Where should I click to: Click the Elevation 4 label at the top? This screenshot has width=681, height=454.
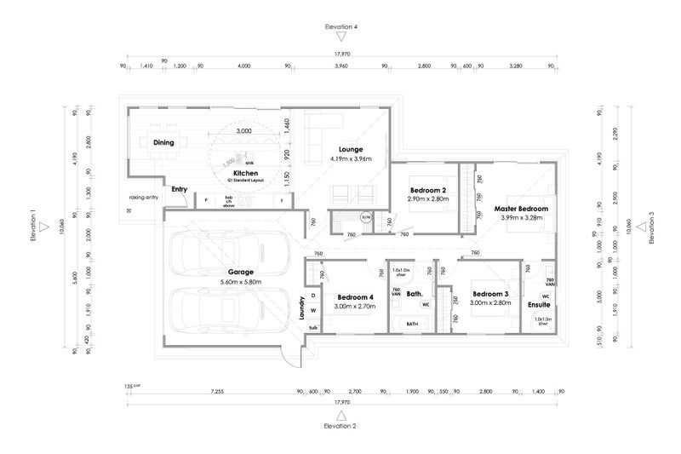click(340, 27)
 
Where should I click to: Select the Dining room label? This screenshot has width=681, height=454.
click(163, 143)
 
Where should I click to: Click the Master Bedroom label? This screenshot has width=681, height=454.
click(520, 208)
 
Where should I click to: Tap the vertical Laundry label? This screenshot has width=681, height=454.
click(301, 307)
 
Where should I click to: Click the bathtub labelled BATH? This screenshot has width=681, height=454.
click(412, 324)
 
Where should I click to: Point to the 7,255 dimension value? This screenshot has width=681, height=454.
click(216, 392)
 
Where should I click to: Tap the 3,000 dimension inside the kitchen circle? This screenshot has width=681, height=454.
click(243, 131)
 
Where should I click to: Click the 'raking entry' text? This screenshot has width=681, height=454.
click(143, 197)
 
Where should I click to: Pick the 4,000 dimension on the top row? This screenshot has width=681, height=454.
click(243, 66)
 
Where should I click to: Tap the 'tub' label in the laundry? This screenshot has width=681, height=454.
click(312, 327)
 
